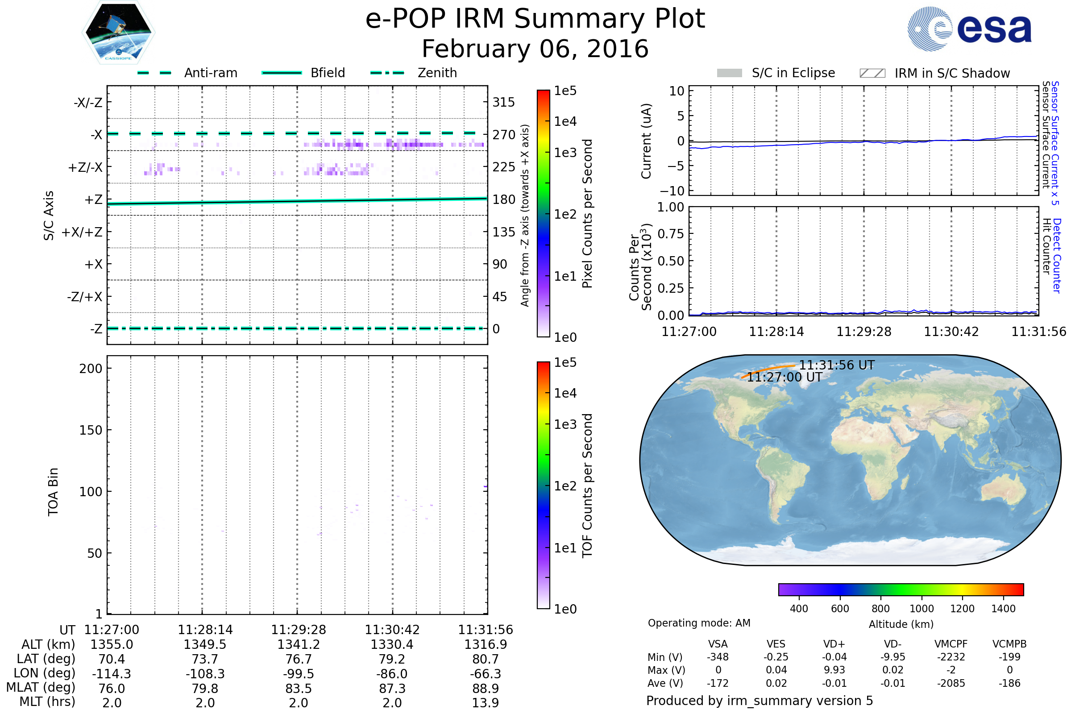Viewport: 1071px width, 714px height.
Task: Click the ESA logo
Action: [969, 29]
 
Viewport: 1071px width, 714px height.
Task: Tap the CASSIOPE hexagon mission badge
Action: [118, 32]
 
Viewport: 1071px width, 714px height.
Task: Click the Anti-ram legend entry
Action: [187, 73]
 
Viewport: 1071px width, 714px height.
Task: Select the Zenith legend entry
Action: [414, 73]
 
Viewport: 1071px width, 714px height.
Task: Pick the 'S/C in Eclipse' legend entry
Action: [776, 73]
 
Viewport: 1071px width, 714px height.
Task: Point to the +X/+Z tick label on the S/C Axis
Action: [82, 232]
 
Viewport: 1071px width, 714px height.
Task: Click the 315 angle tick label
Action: [504, 102]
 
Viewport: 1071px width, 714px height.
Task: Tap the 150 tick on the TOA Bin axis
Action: [91, 430]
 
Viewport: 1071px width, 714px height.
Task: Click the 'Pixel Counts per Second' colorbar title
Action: [587, 214]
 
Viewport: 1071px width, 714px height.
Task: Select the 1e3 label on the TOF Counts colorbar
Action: [565, 424]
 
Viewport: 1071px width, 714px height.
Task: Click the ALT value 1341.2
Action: [299, 645]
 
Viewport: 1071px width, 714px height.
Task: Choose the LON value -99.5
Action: [299, 674]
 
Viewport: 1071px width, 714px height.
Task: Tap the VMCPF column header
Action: [951, 644]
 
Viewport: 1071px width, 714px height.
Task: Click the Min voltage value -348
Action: [718, 657]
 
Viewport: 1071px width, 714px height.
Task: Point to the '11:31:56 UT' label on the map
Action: [837, 365]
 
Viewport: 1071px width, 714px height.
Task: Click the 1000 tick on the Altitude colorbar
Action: [922, 609]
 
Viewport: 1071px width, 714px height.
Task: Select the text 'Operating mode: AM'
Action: [699, 623]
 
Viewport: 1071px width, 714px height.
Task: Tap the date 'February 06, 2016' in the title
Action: [535, 49]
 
